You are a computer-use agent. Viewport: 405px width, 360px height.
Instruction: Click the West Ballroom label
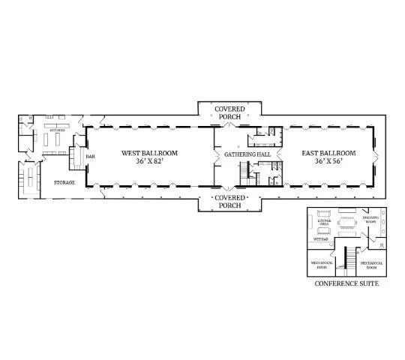pos(150,153)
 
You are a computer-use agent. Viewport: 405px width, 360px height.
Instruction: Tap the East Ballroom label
pos(328,153)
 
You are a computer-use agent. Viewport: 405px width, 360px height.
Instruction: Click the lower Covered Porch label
pos(230,200)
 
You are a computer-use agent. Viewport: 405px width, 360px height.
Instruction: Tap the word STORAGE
pos(64,182)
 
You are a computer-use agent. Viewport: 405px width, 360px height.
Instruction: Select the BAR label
pos(90,157)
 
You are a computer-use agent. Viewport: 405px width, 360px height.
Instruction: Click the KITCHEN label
pos(58,130)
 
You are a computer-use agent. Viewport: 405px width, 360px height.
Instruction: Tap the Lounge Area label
pos(325,222)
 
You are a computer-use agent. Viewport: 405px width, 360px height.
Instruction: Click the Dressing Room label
pos(370,221)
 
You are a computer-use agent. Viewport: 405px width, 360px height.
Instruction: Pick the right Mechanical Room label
pos(371,264)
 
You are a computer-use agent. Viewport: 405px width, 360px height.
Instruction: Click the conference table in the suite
pos(346,222)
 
